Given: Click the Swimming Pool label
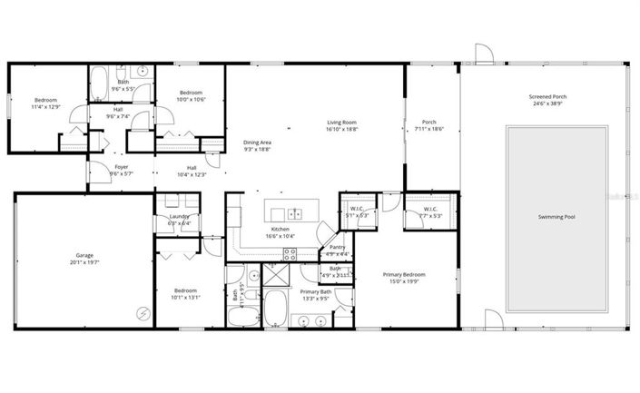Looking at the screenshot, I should coord(556,217).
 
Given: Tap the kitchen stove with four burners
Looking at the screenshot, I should coord(290,253).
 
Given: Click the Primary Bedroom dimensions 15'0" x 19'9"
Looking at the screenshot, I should coord(404,281).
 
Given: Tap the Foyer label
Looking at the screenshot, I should coord(120,167).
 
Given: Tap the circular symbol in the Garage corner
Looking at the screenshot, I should coord(141,312).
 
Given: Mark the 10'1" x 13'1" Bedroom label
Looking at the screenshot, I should coord(185,292).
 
